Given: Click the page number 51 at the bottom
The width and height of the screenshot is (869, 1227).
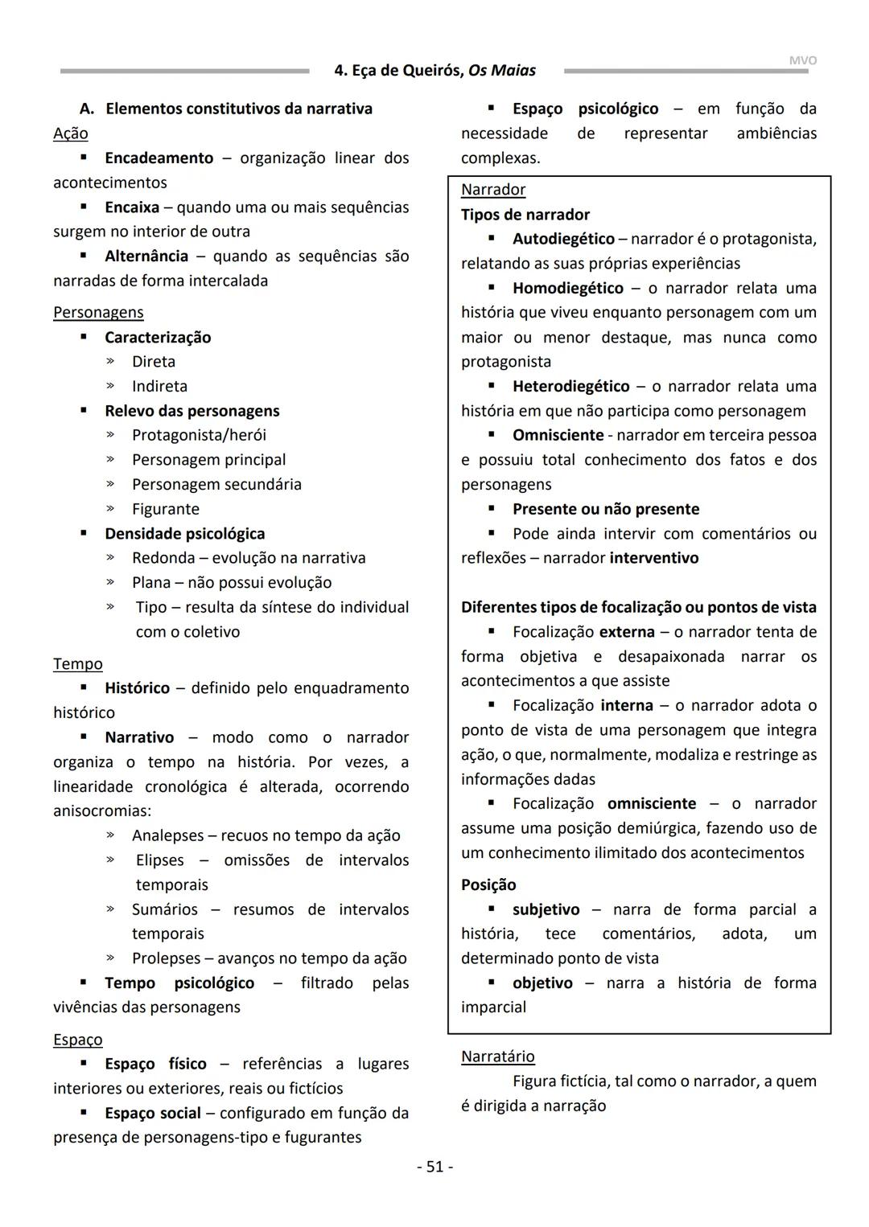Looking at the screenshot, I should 434,1167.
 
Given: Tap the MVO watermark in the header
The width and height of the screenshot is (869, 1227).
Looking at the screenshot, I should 802,60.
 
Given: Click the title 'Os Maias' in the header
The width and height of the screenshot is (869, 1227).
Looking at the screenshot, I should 502,71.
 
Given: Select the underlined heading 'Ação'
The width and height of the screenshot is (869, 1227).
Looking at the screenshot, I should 71,133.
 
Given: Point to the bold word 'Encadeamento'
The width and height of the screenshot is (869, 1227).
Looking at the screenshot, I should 159,158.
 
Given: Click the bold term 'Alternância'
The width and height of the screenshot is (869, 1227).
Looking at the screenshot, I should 146,256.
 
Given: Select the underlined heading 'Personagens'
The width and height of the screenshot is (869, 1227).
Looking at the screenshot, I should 98,313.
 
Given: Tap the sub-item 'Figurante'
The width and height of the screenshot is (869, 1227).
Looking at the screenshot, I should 165,509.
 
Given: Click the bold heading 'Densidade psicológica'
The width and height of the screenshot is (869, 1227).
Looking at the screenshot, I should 184,534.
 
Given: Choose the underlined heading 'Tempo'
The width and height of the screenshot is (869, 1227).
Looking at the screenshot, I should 78,664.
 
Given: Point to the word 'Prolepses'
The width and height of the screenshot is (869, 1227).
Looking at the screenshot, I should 166,958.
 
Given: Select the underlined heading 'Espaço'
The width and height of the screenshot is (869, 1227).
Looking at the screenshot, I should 78,1040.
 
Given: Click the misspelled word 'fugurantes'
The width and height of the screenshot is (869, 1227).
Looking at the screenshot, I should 323,1138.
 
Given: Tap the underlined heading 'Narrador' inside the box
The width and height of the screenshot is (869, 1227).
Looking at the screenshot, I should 493,190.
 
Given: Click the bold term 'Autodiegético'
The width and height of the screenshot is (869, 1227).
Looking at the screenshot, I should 563,239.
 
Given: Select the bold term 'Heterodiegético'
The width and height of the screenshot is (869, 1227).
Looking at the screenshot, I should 570,387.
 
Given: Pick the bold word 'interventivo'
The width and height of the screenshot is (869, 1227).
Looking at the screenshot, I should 654,558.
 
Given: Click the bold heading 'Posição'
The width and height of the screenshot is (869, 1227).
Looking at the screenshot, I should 488,885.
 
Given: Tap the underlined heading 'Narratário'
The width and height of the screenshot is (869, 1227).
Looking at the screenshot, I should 497,1057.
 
